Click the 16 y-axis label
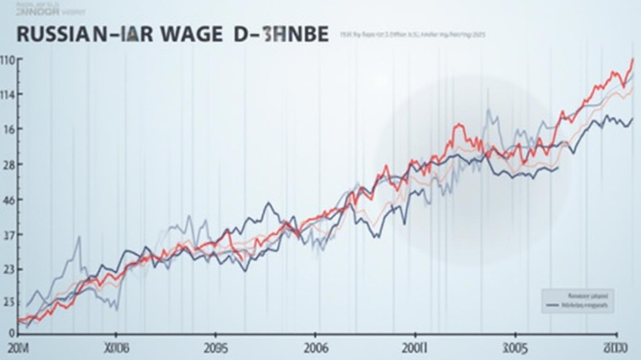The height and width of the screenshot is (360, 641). (10, 130)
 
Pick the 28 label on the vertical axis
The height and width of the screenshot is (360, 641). (10, 165)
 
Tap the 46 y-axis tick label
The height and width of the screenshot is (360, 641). (10, 200)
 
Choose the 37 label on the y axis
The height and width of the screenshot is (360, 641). (10, 235)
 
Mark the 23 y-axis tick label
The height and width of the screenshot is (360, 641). (10, 270)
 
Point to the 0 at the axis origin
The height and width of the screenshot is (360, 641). (12, 333)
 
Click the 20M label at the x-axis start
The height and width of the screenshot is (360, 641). (19, 349)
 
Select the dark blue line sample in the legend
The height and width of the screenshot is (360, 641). (553, 305)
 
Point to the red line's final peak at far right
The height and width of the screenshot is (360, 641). (633, 60)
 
